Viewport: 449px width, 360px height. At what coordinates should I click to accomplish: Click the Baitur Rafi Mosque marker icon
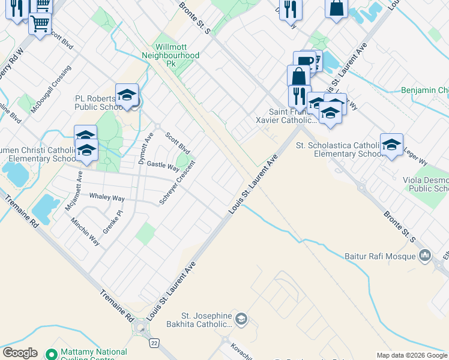(x=426, y=256)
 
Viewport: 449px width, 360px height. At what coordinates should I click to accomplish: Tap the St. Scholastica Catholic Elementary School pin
(x=391, y=145)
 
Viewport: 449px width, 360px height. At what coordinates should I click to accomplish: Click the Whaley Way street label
(x=107, y=197)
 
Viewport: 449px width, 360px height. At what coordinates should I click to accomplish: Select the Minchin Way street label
(x=85, y=232)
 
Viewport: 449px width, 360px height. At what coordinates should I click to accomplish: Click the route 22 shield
(x=154, y=342)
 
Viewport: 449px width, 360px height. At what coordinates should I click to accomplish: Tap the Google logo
(x=20, y=353)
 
